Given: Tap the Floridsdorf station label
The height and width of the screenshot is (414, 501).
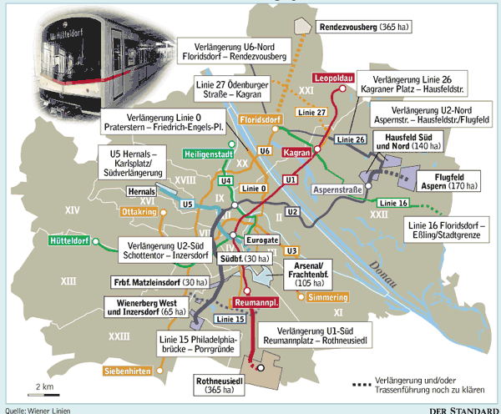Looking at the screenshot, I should [259, 120].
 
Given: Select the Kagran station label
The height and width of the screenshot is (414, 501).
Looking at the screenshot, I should [297, 154].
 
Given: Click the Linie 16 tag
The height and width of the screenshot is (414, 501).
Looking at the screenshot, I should [392, 204].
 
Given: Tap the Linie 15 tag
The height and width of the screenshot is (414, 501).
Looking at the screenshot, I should [230, 320].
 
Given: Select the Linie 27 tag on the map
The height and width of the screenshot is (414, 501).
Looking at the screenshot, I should [310, 112].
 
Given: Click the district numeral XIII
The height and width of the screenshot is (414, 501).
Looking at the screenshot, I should [68, 282].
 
